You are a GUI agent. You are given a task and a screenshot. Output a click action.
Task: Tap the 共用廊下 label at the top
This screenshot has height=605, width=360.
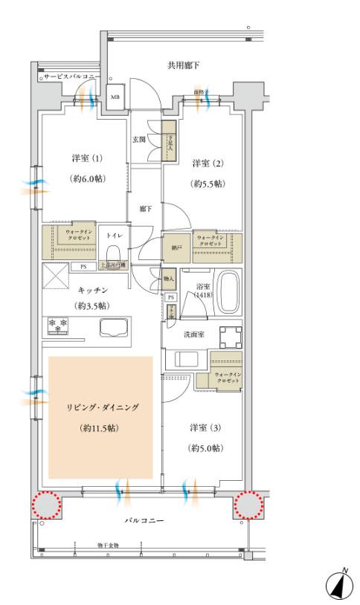click(x=182, y=66)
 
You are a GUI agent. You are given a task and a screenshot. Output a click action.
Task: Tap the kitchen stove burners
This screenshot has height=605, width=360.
click(x=59, y=324)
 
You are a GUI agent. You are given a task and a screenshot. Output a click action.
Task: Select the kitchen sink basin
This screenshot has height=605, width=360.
click(x=112, y=326)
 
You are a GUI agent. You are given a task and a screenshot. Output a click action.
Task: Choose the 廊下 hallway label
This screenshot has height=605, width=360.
click(x=145, y=210)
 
